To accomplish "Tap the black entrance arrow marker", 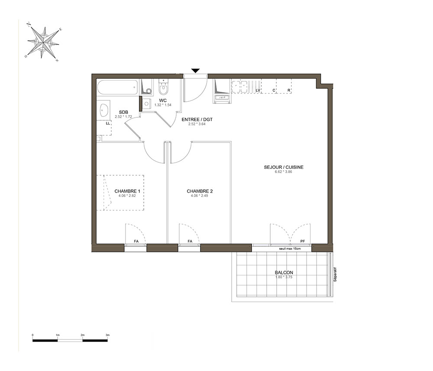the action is [x=196, y=71].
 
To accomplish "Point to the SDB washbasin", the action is [x=104, y=110].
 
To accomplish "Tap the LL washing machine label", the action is [x=108, y=123].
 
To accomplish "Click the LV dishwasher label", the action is [x=258, y=90].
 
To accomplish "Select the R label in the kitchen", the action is [x=289, y=90].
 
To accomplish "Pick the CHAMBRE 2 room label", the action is [x=200, y=191].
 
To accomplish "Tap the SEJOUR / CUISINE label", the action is [x=284, y=167].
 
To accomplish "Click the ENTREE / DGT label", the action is [x=197, y=119].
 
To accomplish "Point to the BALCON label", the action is [x=284, y=272].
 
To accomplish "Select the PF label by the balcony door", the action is [x=303, y=241].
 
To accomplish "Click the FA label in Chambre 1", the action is [x=136, y=241].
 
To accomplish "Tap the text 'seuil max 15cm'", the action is [x=290, y=249].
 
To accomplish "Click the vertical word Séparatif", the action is [x=335, y=274].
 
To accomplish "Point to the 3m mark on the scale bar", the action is [x=107, y=335].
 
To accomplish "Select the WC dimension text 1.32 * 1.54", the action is [x=163, y=105].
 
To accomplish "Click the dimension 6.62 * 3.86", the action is [x=283, y=171].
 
